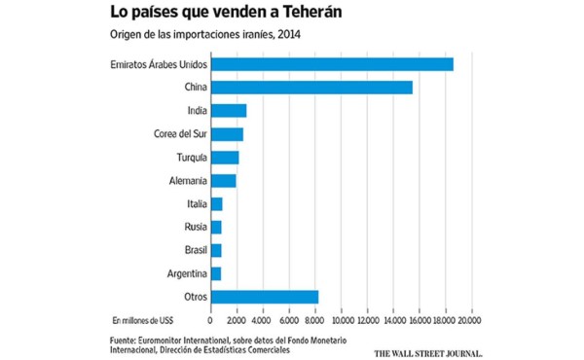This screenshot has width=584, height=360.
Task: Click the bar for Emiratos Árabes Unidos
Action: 332,64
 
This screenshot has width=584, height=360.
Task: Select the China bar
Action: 311,88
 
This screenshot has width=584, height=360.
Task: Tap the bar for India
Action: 229,111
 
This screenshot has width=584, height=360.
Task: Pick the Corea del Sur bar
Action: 227,134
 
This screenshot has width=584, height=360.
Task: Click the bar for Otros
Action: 265,297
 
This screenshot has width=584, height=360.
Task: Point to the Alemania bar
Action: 223,181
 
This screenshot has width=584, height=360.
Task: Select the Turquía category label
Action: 187,158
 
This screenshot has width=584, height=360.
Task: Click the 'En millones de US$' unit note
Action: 143,319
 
